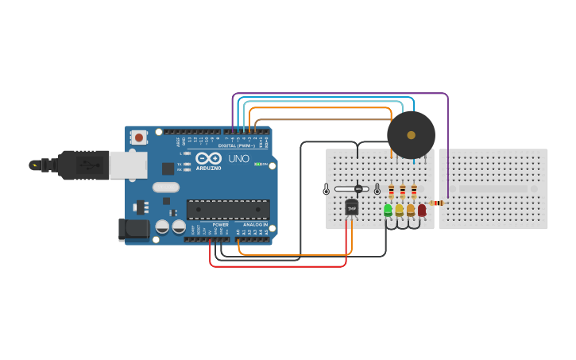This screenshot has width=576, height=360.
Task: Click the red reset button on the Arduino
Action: pyautogui.click(x=139, y=137)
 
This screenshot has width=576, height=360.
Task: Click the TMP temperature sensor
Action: pyautogui.click(x=351, y=207)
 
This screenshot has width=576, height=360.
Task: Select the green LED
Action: pyautogui.click(x=389, y=210)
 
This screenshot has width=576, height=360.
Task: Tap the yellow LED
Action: pyautogui.click(x=400, y=210)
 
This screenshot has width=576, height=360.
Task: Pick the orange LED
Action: pyautogui.click(x=411, y=210)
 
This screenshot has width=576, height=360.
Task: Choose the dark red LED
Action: pyautogui.click(x=422, y=210)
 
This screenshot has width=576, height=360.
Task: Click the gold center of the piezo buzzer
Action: pyautogui.click(x=411, y=134)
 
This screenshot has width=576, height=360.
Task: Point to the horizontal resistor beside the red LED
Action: pyautogui.click(x=436, y=203)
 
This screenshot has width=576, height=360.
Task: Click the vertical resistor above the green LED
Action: pyautogui.click(x=391, y=191)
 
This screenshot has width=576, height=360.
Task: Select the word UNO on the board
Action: pyautogui.click(x=239, y=158)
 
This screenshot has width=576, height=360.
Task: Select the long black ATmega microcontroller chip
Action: pyautogui.click(x=228, y=209)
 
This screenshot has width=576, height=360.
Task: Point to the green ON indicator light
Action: pyautogui.click(x=258, y=164)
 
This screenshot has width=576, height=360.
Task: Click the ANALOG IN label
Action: pyautogui.click(x=254, y=225)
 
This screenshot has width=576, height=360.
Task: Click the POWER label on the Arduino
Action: pyautogui.click(x=220, y=225)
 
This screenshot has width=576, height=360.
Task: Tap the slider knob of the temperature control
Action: pyautogui.click(x=358, y=189)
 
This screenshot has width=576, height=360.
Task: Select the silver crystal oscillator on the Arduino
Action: pyautogui.click(x=166, y=188)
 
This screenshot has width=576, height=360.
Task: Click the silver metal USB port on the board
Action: pyautogui.click(x=127, y=165)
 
